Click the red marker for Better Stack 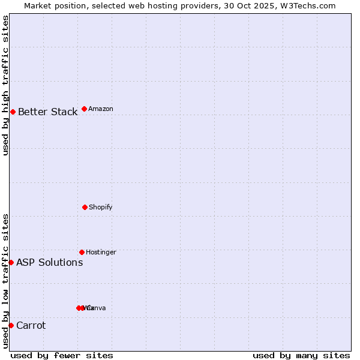13,112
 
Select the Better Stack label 47,112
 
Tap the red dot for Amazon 84,109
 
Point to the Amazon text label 100,109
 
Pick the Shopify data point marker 85,207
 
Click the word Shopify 100,207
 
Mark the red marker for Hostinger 82,252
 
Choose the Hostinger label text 101,252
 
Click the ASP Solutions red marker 11,262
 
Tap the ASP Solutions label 49,262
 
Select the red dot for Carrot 11,325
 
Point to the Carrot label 31,326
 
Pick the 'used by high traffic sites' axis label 5,85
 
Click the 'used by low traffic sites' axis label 5,281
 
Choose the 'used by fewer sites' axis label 62,355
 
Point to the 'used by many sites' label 301,355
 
